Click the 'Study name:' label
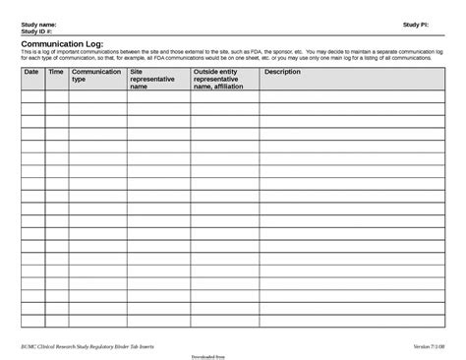click(38, 23)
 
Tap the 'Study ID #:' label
click(37, 30)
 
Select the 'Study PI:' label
click(416, 23)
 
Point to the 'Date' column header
click(30, 72)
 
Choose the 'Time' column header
click(56, 72)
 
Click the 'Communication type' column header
click(96, 76)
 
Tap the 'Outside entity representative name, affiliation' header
click(223, 79)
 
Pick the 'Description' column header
click(282, 72)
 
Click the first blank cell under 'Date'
click(32, 96)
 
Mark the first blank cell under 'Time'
click(56, 96)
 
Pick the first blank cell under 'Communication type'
click(97, 96)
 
